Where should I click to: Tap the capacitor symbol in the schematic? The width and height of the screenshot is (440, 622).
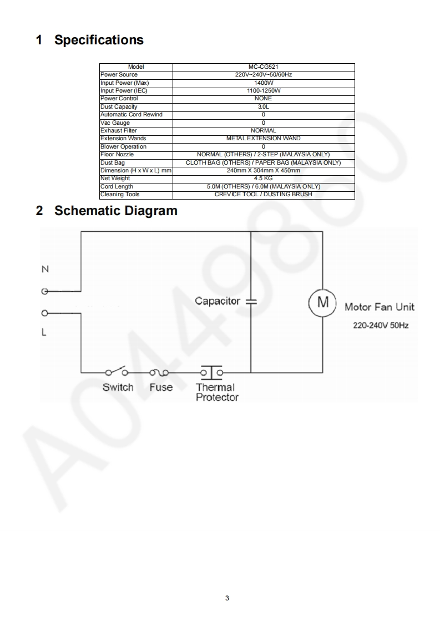pos(251,302)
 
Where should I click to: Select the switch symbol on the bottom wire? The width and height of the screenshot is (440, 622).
pos(118,371)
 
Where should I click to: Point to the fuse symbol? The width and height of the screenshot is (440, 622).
pos(160,371)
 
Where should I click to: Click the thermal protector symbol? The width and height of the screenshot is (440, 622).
pos(211,371)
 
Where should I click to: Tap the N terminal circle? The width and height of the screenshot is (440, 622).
pos(44,290)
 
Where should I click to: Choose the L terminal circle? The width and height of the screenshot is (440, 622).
pos(44,314)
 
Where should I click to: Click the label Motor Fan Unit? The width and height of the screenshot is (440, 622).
pos(380,307)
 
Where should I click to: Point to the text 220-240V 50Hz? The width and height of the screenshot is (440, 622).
pos(381,325)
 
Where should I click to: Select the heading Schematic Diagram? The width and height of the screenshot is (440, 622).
pos(115,211)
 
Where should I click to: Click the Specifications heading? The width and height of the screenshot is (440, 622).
pos(99,40)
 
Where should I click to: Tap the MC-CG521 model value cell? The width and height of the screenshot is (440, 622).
pos(263,67)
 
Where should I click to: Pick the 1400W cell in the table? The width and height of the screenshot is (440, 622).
pos(263,83)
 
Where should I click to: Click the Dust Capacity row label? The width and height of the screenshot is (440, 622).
pos(119,106)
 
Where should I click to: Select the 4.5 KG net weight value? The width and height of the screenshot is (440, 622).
pos(263,179)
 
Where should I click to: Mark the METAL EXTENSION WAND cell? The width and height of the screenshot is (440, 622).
pos(263,139)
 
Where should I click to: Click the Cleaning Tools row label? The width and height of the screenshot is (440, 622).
pos(120,195)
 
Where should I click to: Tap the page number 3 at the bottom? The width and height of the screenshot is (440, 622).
pos(227,598)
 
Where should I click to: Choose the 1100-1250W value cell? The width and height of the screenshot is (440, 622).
pos(263,90)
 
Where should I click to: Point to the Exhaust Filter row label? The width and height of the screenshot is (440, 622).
pos(118,130)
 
